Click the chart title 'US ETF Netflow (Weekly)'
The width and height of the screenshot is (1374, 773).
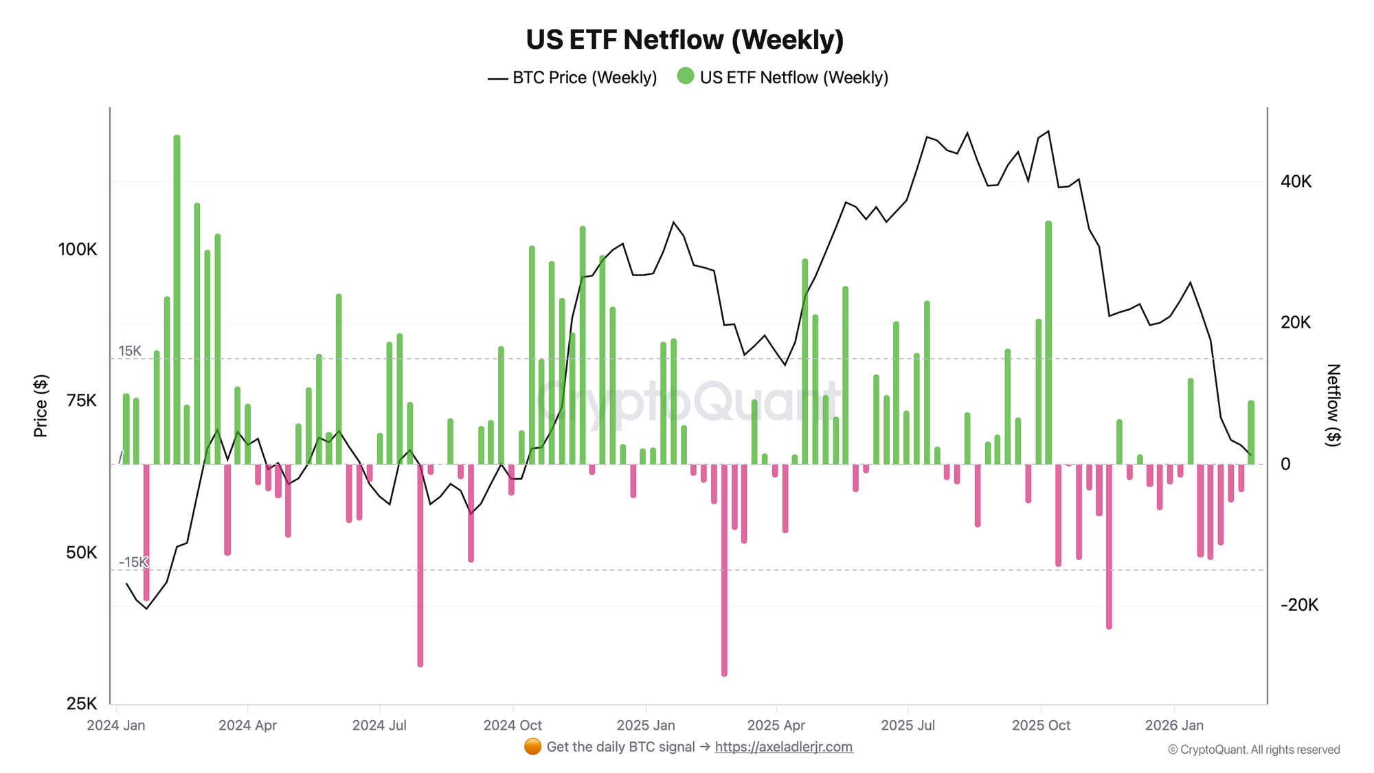pos(685,40)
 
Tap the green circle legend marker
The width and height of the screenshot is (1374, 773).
pos(685,76)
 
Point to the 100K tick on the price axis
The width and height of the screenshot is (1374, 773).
pos(78,249)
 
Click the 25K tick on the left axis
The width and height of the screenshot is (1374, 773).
pos(82,704)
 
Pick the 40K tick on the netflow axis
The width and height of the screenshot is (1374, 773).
pos(1296,181)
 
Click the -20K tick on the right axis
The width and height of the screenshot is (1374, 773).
pos(1299,605)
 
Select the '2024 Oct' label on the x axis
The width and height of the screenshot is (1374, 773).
pos(513,725)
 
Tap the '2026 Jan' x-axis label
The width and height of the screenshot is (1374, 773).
pos(1174,725)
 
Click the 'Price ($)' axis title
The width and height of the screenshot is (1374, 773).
pos(41,406)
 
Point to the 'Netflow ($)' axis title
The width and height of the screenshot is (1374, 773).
pos(1333,405)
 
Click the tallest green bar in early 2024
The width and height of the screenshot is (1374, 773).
pos(177,300)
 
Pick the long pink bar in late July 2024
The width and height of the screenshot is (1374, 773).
pos(420,565)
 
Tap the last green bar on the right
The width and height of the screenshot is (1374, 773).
pos(1251,432)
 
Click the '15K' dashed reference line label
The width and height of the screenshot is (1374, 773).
pos(130,351)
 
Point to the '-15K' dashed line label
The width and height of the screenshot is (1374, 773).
pos(133,562)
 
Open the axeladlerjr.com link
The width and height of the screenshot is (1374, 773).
pos(784,747)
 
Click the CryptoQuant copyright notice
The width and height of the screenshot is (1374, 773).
pos(1254,750)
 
